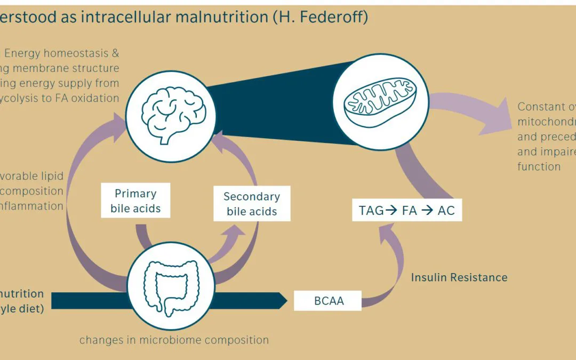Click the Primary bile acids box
[135, 201]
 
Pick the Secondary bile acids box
[252, 204]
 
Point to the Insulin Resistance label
[459, 277]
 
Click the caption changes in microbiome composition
[174, 340]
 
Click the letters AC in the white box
[446, 210]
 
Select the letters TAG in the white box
[371, 210]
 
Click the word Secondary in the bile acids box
[251, 196]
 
